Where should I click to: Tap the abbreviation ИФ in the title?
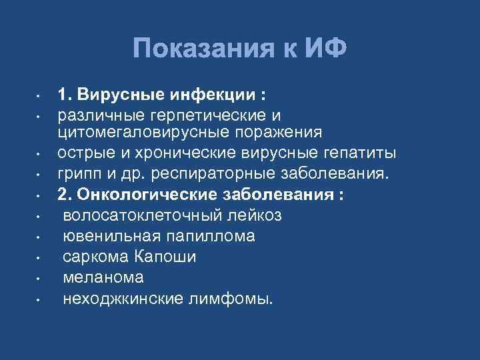[x=325, y=49]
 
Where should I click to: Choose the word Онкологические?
[x=137, y=195]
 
